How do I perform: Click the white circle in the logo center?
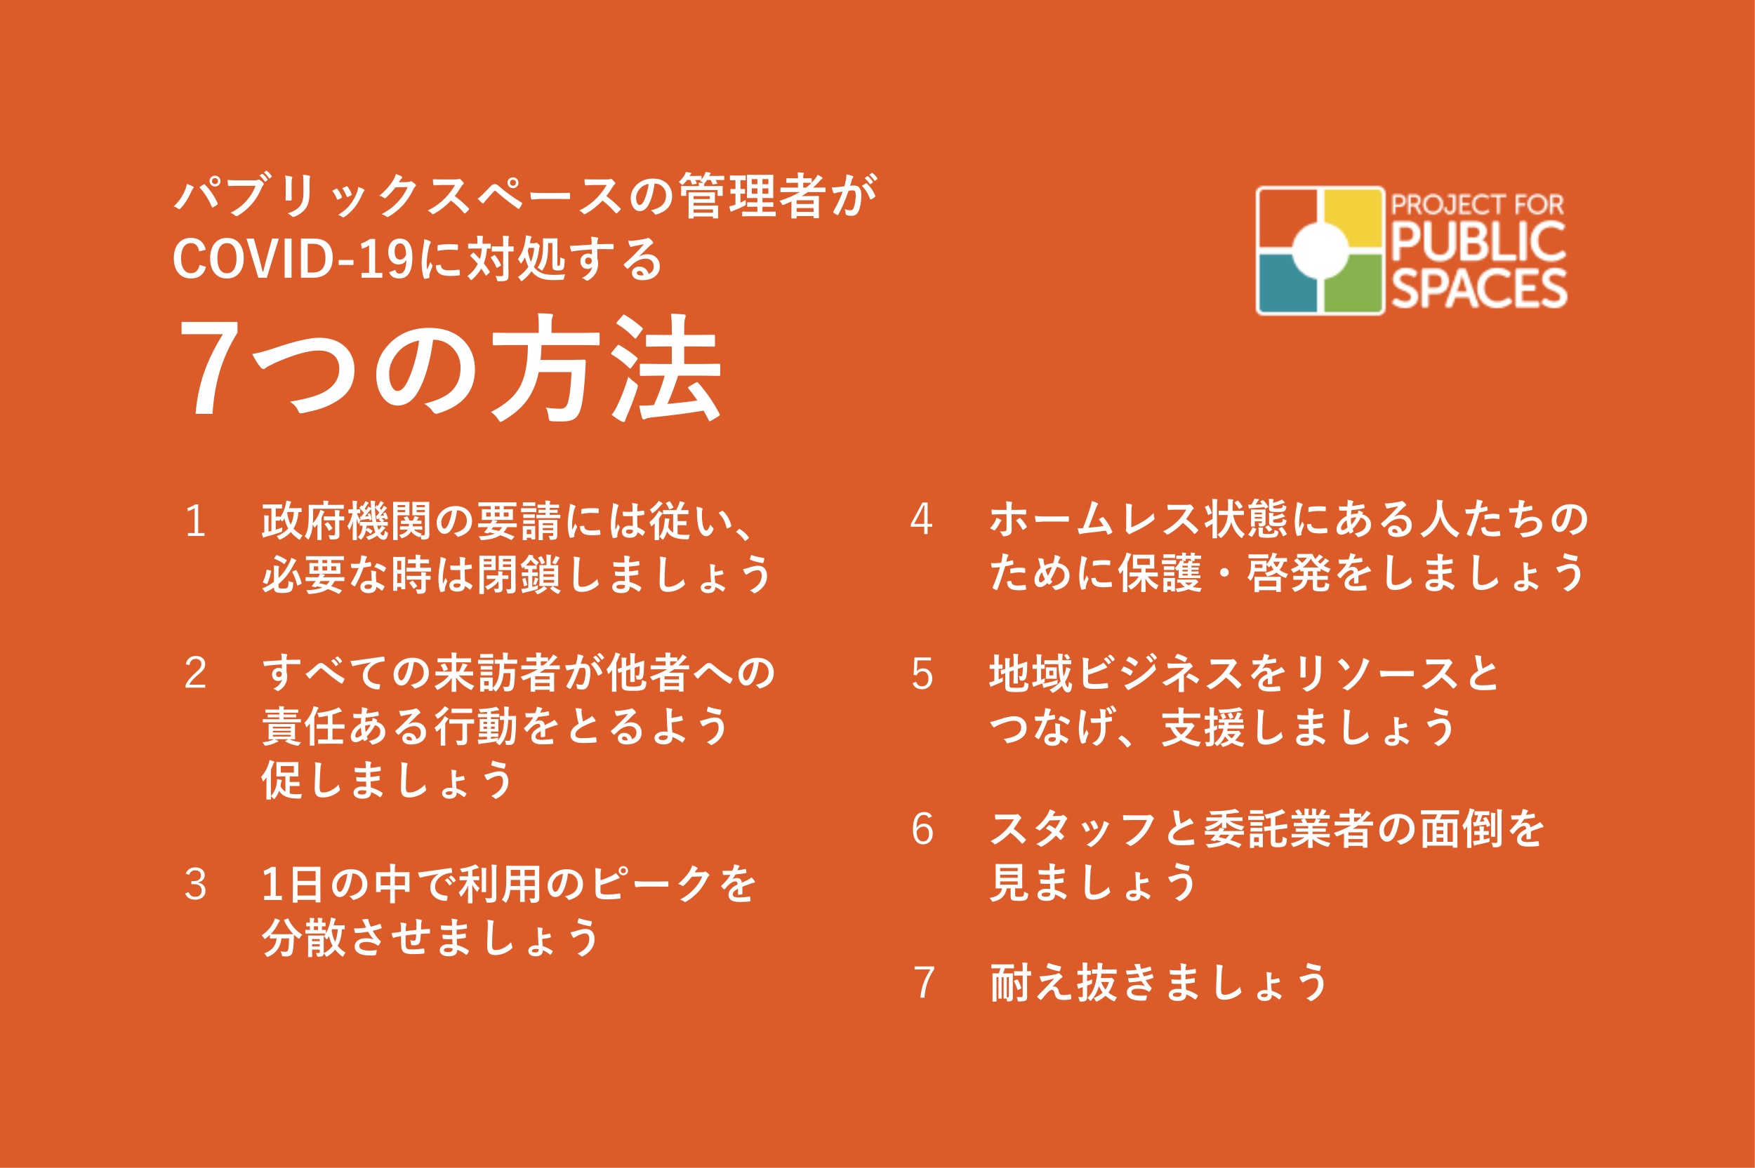click(1320, 250)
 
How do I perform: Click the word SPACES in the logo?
click(1479, 288)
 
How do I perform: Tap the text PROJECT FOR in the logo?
click(1477, 204)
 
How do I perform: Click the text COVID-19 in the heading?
click(293, 260)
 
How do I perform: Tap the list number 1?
click(195, 521)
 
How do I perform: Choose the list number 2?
click(195, 673)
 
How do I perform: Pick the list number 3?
click(195, 885)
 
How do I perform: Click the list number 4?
click(922, 519)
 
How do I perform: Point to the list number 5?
click(922, 674)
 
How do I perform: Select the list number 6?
click(922, 829)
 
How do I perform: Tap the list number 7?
click(923, 983)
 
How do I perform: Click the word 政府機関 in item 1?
click(347, 521)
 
